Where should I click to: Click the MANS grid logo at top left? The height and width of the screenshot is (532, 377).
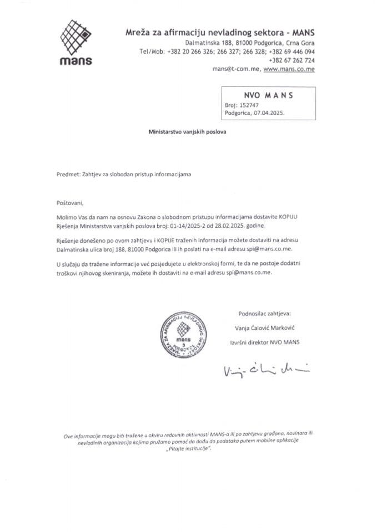[76, 38]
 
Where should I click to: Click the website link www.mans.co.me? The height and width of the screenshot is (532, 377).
[289, 70]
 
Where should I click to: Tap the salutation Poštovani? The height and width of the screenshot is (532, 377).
[69, 203]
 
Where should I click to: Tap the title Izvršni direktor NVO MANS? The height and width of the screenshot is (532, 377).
[264, 342]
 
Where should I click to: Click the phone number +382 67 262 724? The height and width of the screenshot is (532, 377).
[291, 60]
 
